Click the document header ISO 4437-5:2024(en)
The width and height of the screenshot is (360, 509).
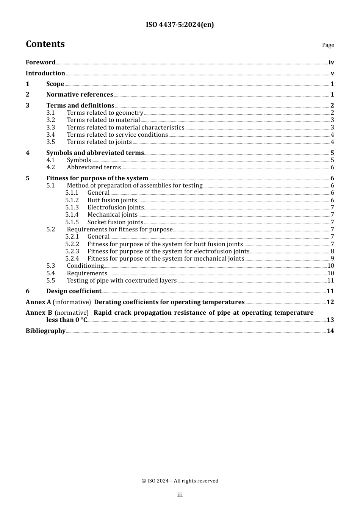click(x=180, y=25)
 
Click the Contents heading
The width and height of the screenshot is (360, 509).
click(x=45, y=44)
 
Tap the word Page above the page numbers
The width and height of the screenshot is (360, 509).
click(x=328, y=45)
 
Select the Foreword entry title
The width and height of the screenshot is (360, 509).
click(x=41, y=62)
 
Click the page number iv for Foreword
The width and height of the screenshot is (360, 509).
click(x=331, y=62)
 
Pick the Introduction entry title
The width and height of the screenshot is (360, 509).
click(x=45, y=73)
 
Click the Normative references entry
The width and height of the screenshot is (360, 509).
click(x=80, y=95)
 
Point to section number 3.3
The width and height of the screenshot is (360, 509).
click(x=50, y=128)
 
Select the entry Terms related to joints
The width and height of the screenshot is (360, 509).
click(x=99, y=142)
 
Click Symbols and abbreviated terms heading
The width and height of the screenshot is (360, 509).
click(x=95, y=153)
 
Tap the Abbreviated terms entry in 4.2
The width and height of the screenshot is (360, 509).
click(x=94, y=167)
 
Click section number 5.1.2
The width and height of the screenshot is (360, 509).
click(x=72, y=200)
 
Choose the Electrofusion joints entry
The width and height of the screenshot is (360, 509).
click(x=116, y=208)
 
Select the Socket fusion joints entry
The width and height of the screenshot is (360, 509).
click(x=115, y=222)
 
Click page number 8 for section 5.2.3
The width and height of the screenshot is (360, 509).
click(x=332, y=251)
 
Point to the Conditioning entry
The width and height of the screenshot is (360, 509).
click(x=85, y=266)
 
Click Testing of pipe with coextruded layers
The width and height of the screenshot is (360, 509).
click(x=122, y=281)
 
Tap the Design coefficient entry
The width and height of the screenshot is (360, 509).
click(x=74, y=291)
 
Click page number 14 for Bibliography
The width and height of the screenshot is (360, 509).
click(x=330, y=331)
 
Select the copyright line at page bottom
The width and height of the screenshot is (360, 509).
click(x=180, y=481)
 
